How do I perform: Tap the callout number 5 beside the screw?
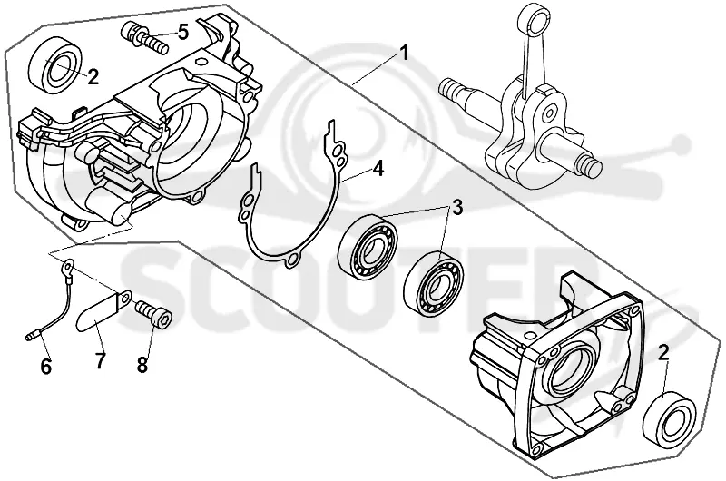pyautogui.click(x=183, y=32)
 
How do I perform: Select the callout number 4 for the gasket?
pyautogui.click(x=378, y=169)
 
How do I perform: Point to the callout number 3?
pyautogui.click(x=456, y=208)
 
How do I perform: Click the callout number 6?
pyautogui.click(x=46, y=367)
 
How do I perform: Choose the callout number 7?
pyautogui.click(x=101, y=360)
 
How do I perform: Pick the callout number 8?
pyautogui.click(x=142, y=364)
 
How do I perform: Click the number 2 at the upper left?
pyautogui.click(x=93, y=77)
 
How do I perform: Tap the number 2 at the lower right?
pyautogui.click(x=663, y=352)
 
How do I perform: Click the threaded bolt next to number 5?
pyautogui.click(x=144, y=38)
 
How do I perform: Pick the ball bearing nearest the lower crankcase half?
pyautogui.click(x=434, y=282)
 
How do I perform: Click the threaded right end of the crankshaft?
pyautogui.click(x=592, y=162)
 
